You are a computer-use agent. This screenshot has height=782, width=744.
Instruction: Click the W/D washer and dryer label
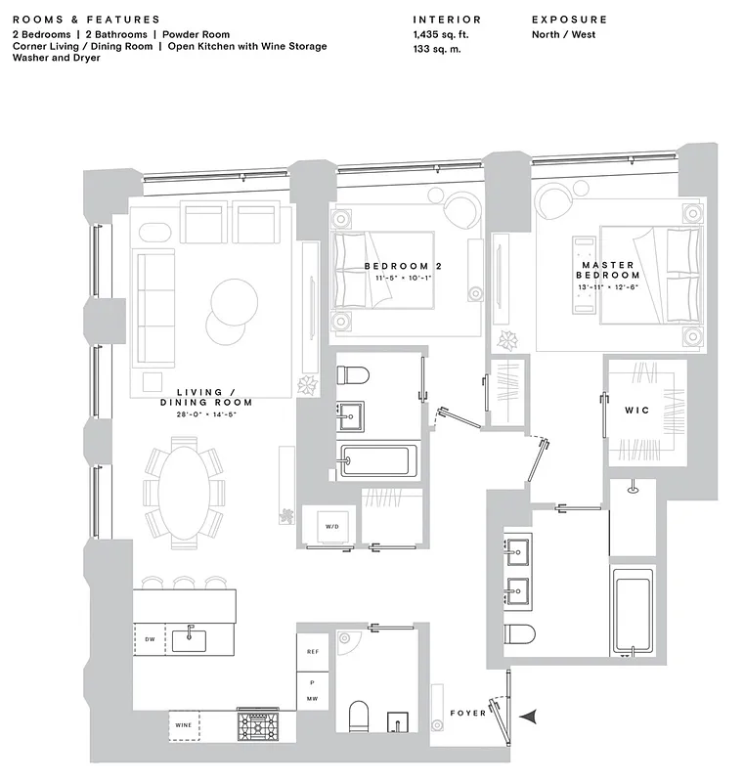coord(331,527)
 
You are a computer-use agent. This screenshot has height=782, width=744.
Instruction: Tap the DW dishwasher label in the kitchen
coord(151,639)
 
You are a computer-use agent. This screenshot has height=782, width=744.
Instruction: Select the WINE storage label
coord(184,725)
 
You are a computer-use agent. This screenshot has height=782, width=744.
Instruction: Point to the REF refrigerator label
coord(312,651)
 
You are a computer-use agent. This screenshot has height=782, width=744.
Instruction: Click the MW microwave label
coord(312,699)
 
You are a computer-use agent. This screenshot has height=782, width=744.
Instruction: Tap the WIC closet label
coord(637,411)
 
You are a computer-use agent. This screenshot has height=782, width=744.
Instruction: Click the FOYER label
coord(468,714)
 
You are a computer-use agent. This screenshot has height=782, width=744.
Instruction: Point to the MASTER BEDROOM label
coord(608,270)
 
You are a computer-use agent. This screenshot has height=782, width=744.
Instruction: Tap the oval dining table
coord(184,493)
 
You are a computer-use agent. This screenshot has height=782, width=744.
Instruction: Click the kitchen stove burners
coord(258,724)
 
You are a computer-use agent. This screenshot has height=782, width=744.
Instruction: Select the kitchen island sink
coord(189,639)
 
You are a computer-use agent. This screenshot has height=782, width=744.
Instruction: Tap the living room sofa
coord(153,295)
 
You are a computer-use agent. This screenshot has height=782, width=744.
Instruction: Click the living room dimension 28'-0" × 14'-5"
coord(206,414)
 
